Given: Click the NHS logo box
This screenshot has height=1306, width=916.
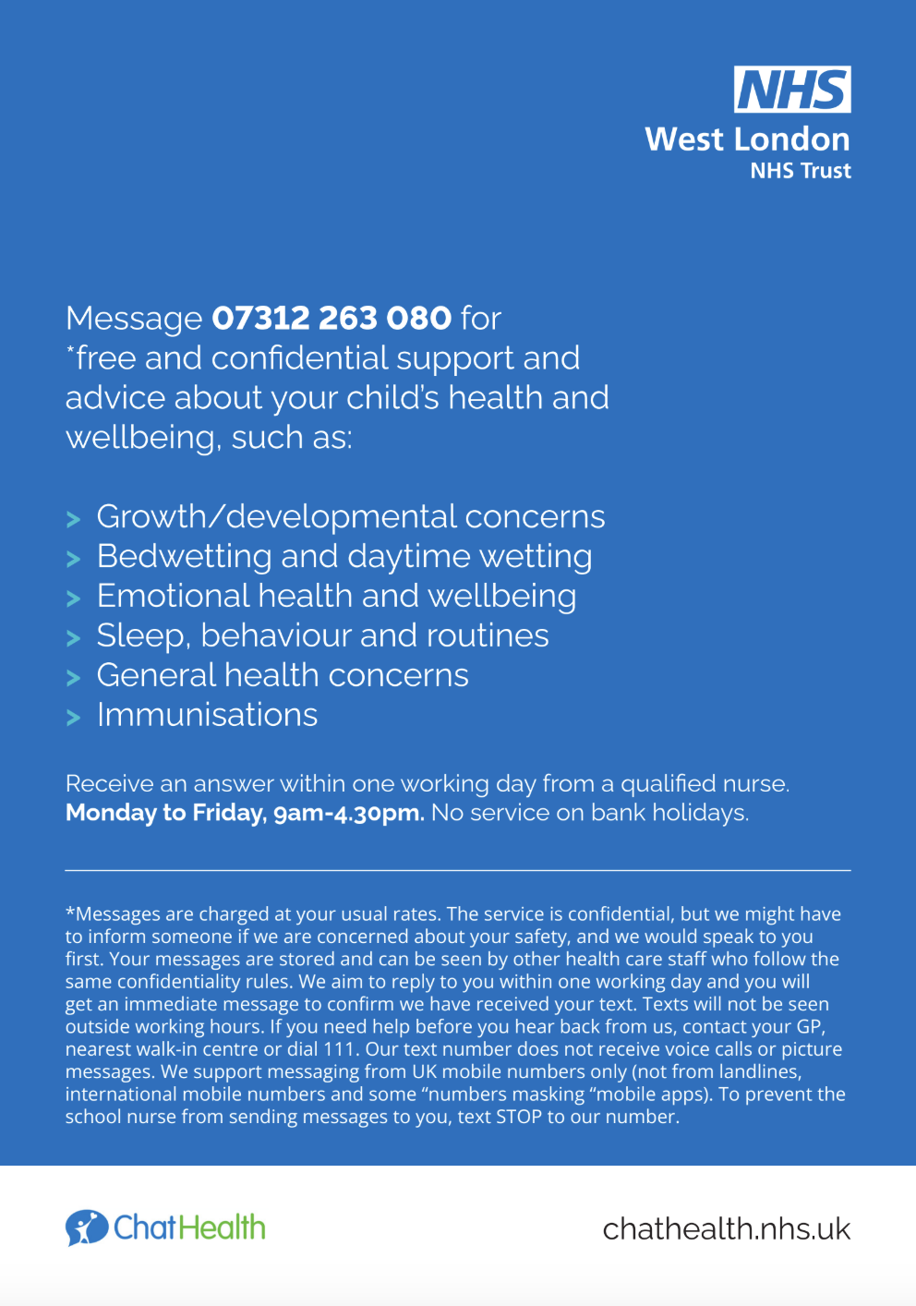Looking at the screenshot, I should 792,90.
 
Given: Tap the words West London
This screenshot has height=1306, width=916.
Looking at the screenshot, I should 747,139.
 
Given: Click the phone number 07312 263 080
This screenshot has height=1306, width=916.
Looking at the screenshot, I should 331,318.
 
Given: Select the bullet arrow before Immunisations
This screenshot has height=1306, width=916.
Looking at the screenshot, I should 74,718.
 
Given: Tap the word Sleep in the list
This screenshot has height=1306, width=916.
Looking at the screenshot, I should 141,636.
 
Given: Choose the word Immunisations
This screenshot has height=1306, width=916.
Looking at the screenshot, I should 207,716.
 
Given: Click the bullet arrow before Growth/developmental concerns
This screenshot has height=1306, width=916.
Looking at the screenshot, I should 74,520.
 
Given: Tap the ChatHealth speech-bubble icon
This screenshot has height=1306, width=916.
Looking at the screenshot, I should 86,1227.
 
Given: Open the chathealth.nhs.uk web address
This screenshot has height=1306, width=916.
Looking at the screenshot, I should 726,1229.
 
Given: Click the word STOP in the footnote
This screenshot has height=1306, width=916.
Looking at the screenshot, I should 519,1117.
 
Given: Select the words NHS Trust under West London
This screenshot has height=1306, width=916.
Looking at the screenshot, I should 800,171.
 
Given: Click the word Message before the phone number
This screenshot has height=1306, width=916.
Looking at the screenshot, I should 133,319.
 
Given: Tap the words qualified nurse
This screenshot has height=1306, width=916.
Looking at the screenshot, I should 705,784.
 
